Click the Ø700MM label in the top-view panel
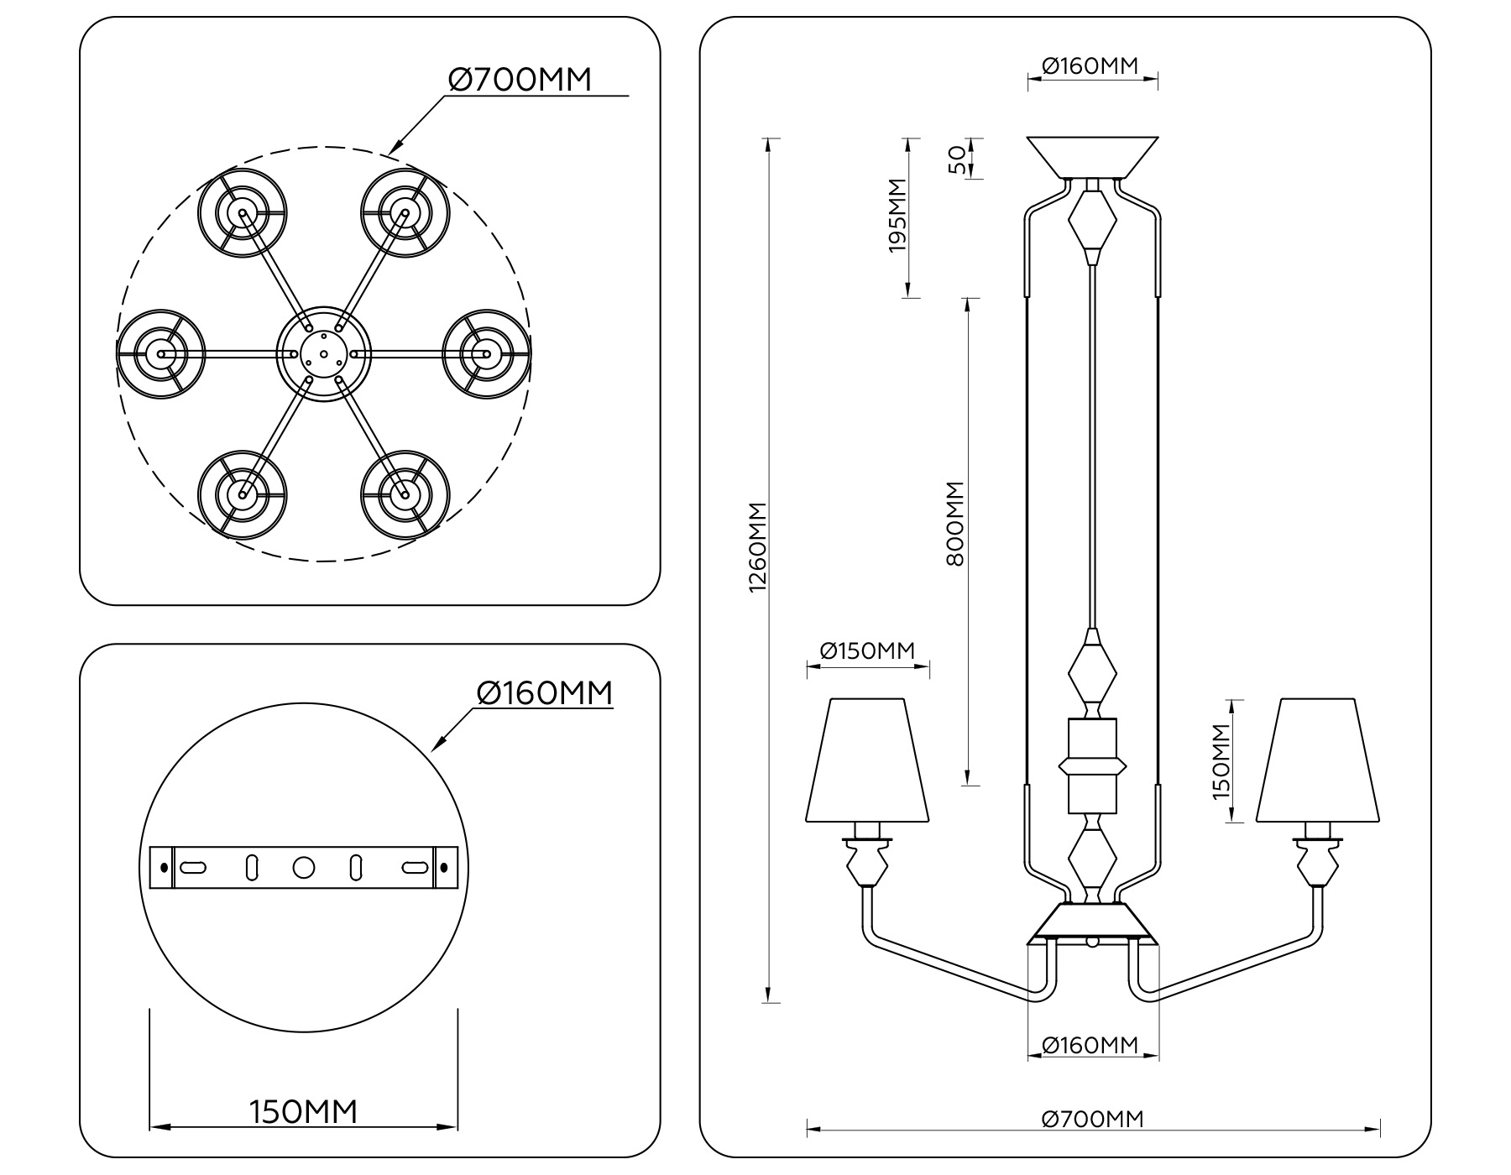point(520,80)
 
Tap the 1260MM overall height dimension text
point(758,547)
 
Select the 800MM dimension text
point(955,524)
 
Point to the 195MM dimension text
point(897,215)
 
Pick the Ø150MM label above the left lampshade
point(867,650)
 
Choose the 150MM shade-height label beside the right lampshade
point(1221,762)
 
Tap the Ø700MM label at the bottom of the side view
point(1092,1119)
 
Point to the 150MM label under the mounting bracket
point(304,1112)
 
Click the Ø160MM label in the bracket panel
point(545,693)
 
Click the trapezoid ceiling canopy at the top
point(1092,157)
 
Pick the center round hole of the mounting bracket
point(303,867)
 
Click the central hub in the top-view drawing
point(323,353)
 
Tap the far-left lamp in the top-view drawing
point(160,353)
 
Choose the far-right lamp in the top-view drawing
point(486,353)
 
